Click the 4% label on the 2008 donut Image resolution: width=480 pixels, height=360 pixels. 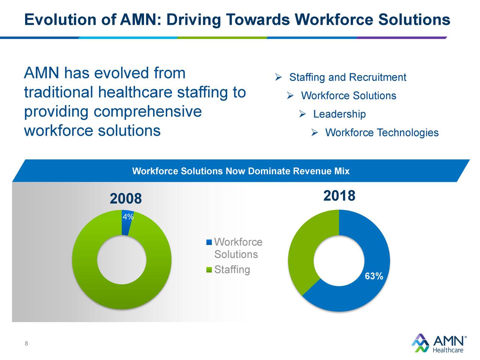tap(128, 217)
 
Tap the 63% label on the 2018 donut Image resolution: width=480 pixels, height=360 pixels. tap(374, 277)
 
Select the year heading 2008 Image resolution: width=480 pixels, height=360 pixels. tap(126, 199)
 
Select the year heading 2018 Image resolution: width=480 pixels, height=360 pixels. tap(339, 196)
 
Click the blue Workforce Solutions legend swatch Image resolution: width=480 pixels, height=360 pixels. tap(209, 242)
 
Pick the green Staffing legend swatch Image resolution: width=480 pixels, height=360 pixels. tap(209, 270)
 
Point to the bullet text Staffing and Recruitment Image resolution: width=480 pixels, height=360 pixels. tap(347, 78)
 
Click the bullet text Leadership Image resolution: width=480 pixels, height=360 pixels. tap(339, 114)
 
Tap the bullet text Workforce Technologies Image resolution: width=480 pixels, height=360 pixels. tap(381, 133)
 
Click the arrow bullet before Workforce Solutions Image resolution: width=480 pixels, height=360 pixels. tap(290, 96)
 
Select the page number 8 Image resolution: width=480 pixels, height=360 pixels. tap(26, 344)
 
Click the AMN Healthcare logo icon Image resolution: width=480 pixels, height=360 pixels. tap(420, 343)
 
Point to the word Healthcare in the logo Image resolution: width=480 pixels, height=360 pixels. tap(448, 350)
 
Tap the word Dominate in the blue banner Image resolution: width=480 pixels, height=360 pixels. tap(269, 171)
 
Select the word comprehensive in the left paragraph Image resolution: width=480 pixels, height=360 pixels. tap(147, 112)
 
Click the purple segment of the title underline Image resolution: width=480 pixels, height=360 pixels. tap(401, 37)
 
